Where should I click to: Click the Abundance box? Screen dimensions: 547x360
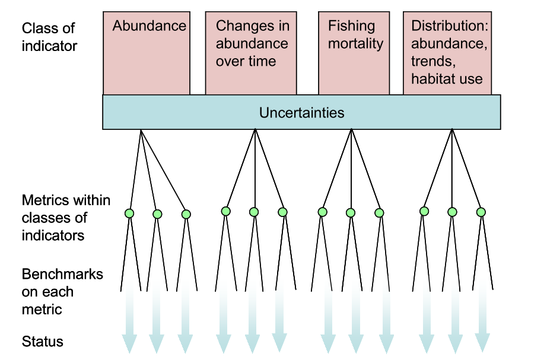point(147,53)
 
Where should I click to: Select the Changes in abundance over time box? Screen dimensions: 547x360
point(251,53)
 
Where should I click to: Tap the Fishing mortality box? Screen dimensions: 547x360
point(354,53)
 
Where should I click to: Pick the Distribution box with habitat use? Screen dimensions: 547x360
point(447,53)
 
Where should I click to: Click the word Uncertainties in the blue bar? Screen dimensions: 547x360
point(301,113)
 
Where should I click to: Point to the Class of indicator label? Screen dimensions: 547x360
point(49,37)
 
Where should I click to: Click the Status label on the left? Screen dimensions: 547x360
point(43,342)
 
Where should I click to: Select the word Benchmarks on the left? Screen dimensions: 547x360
point(62,274)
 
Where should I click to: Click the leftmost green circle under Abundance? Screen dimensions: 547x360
point(129,213)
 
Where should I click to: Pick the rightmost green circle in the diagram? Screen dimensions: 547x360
point(481,212)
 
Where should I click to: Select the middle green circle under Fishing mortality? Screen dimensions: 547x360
point(351,212)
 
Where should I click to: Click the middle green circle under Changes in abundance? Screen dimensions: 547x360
point(254,212)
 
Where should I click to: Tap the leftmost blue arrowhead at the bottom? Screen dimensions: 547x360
point(129,343)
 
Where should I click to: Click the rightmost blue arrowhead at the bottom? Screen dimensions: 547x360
point(482,343)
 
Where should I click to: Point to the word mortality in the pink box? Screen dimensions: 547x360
point(355,44)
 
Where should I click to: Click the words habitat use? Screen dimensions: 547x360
point(447,79)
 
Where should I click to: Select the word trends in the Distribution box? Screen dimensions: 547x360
point(433,62)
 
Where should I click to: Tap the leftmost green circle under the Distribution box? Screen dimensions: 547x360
point(424,211)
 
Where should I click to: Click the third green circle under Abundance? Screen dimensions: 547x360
point(186,214)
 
